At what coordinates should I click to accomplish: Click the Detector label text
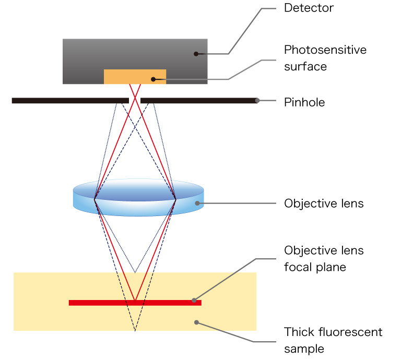pos(308,8)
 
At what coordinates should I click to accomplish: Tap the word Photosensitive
pos(325,50)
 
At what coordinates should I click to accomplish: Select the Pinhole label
pos(304,102)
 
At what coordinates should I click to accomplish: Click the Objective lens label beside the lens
pos(323,203)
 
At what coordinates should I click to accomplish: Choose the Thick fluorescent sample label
pos(333,340)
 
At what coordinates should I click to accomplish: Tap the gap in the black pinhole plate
pos(135,100)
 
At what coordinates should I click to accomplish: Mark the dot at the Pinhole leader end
pos(257,100)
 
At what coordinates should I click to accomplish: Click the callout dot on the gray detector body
pos(196,53)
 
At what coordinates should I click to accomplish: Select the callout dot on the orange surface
pos(152,79)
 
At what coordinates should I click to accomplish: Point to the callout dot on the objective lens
pos(197,203)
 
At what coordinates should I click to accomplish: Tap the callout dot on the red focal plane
pos(194,301)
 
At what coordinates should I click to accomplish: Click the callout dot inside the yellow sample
pos(196,322)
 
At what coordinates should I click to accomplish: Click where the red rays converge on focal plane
pos(135,301)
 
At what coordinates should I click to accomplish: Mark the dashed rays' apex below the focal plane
pos(135,330)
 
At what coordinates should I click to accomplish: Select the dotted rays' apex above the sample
pos(135,272)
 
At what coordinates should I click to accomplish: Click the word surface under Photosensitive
pos(305,67)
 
